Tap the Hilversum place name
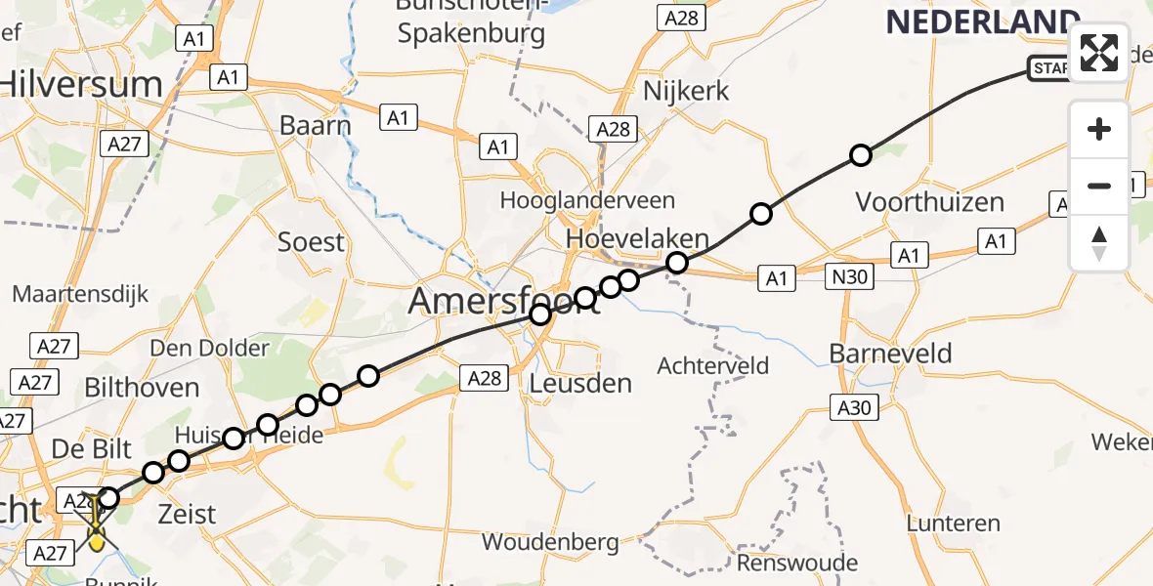(x=82, y=85)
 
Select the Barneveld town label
(x=890, y=353)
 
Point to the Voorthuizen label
(x=929, y=202)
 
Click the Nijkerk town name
(x=687, y=92)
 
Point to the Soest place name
(x=312, y=241)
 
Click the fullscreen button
(x=1099, y=52)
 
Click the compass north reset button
(x=1099, y=243)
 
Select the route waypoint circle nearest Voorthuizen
(x=861, y=154)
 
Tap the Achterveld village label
(x=713, y=366)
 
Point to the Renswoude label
(x=797, y=563)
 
